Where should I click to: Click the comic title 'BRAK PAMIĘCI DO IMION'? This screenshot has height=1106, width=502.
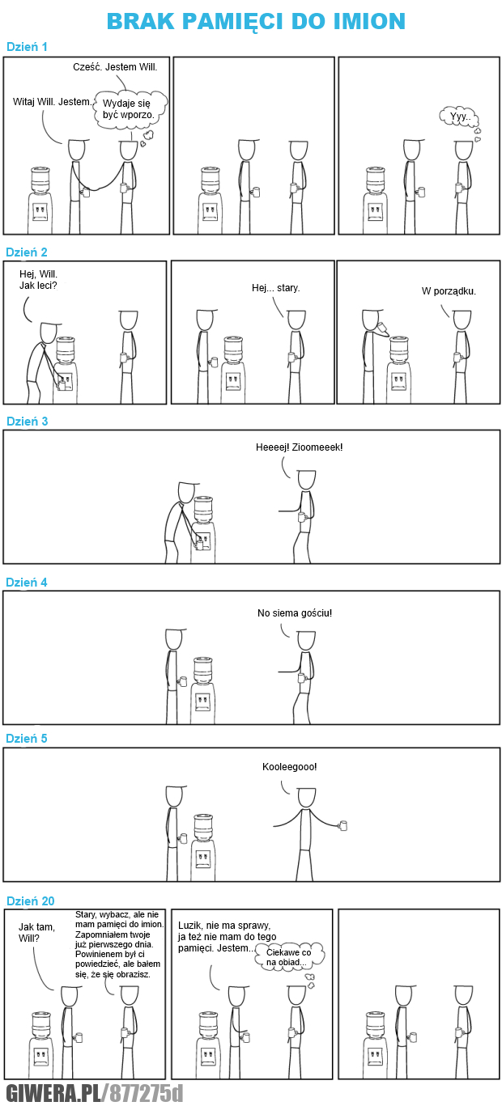pos(256,21)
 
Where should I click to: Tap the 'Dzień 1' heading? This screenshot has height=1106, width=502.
pos(27,47)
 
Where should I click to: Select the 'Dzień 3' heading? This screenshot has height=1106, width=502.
pos(27,422)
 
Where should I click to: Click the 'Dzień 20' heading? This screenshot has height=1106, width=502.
pos(30,901)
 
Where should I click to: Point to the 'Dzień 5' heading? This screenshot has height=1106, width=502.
pos(27,739)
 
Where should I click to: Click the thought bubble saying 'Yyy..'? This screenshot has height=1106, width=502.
pos(459,117)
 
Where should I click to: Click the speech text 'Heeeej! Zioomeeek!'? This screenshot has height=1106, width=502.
pos(299,447)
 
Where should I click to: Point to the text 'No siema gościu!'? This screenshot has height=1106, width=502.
pos(295,613)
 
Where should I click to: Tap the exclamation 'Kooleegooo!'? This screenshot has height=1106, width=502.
pos(290,767)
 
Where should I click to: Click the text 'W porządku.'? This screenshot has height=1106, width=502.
pos(449,291)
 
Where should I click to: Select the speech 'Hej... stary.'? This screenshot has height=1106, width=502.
pos(276,288)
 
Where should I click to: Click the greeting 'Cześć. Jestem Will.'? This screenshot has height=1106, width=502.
pos(115,67)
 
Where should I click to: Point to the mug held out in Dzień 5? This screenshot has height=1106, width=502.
pos(343,825)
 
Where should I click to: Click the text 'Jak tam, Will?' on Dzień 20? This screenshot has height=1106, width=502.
pos(36,933)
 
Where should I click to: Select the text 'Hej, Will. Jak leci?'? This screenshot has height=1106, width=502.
pos(39,279)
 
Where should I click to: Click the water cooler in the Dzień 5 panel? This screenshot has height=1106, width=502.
pos(203,847)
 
